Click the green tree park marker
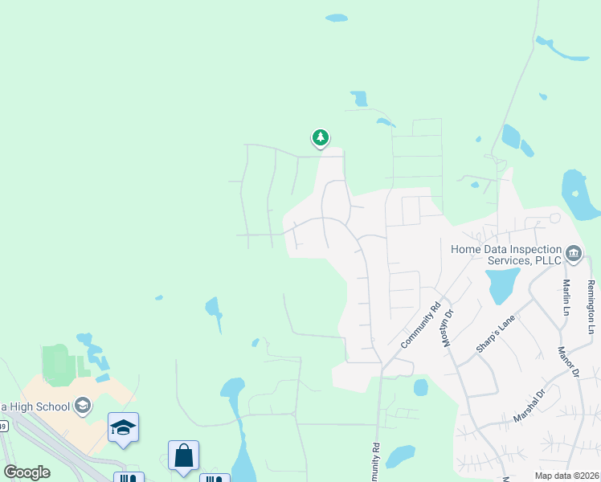pos(321,138)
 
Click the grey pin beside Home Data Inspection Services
pos(574,255)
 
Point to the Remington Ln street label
pos(591,307)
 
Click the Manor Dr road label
pos(569,362)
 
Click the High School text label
pos(36,406)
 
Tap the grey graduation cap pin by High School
pos(83,406)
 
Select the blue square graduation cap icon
pos(123,427)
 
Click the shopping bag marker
pos(183,455)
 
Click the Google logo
pos(27,472)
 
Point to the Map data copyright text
pos(566,476)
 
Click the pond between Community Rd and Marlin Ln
pos(501,284)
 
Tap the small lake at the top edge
pos(337,17)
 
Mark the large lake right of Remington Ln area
pos(579,195)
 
